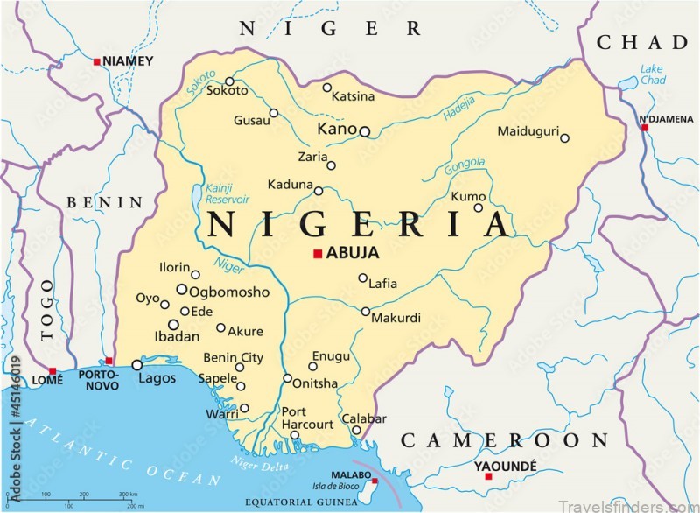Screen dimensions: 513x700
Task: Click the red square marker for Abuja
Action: tap(317, 254)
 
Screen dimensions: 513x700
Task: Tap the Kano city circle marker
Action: tap(365, 132)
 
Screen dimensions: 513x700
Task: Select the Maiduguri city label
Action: tap(528, 131)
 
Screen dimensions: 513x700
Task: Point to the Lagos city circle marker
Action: tap(137, 365)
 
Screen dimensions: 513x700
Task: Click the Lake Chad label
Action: tap(651, 74)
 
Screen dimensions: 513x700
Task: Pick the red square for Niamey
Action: tap(96, 61)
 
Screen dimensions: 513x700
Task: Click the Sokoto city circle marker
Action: tap(229, 81)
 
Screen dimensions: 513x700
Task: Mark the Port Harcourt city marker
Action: tap(295, 435)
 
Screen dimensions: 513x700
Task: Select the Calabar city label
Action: tap(363, 418)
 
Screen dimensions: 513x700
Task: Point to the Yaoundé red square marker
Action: tap(488, 476)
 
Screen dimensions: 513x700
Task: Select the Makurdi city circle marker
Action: tap(366, 311)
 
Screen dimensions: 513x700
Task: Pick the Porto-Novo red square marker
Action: tap(109, 361)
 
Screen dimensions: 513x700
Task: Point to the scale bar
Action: tap(87, 498)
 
